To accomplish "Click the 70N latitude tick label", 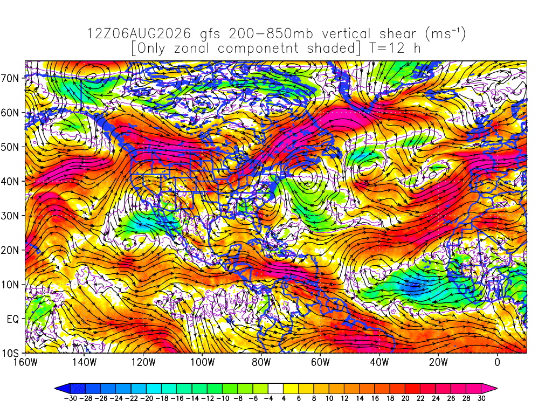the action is click(10, 78).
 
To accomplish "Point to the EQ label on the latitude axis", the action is click(13, 319).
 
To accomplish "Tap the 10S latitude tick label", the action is click(10, 354).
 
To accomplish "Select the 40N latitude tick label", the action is click(10, 182).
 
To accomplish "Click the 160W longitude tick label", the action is click(25, 362).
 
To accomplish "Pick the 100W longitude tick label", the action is click(203, 362).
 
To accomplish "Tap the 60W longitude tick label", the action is click(320, 362).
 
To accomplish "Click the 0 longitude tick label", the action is click(498, 362).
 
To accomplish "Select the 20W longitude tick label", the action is click(438, 362).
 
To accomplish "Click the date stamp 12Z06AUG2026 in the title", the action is click(139, 34).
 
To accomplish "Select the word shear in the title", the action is click(398, 34).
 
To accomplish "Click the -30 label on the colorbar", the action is click(71, 398).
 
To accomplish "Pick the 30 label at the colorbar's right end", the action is click(481, 398).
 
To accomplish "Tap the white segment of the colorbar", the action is click(275, 389).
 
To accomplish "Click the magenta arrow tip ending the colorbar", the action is click(489, 389).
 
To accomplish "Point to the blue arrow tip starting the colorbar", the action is click(63, 389).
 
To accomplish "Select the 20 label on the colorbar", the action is click(405, 398).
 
